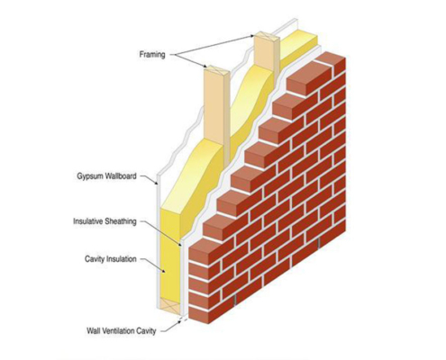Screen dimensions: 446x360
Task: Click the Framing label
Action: click(152, 55)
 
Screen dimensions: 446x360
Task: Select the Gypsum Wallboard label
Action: click(106, 175)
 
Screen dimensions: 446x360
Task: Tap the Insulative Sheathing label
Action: click(105, 221)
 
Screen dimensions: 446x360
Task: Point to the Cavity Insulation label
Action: click(111, 258)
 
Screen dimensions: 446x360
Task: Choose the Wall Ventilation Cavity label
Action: click(122, 331)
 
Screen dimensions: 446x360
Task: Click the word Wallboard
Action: click(120, 175)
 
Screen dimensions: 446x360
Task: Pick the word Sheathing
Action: click(121, 221)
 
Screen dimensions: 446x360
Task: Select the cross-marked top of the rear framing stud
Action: click(267, 36)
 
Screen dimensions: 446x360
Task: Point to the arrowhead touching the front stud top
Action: click(205, 66)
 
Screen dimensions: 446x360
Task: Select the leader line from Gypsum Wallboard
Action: click(150, 179)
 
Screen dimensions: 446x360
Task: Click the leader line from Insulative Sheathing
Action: click(161, 233)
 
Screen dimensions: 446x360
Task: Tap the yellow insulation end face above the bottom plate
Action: click(169, 255)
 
